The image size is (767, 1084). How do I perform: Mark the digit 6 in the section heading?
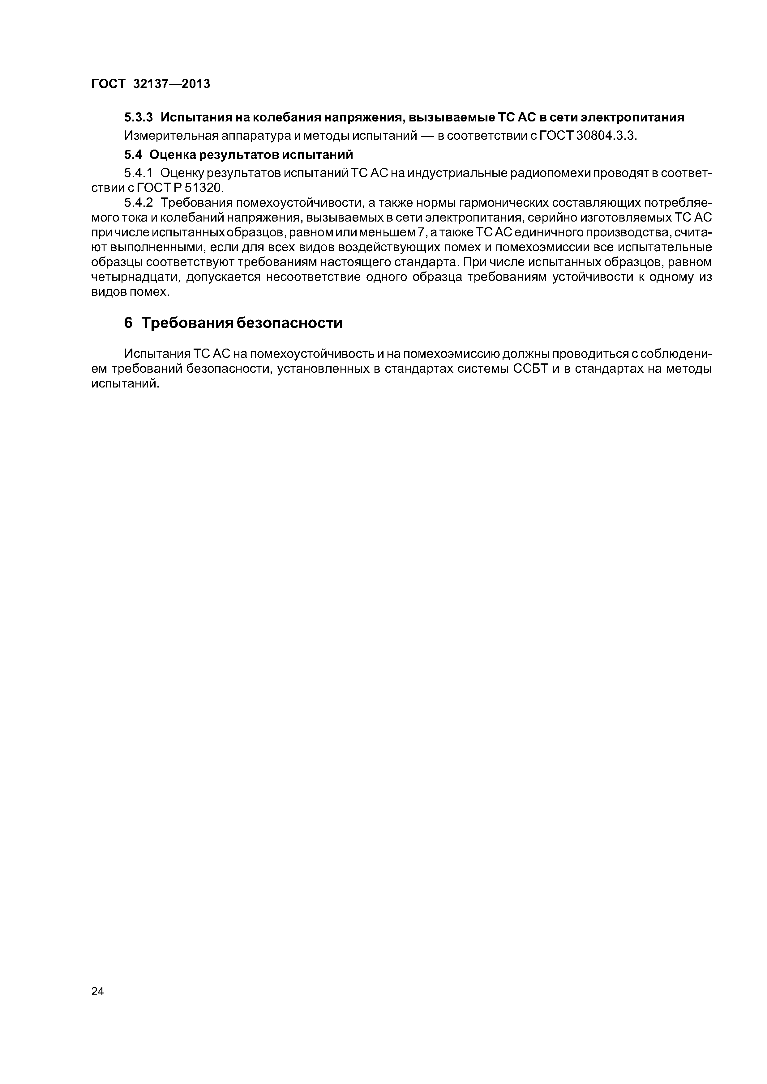coord(128,323)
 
